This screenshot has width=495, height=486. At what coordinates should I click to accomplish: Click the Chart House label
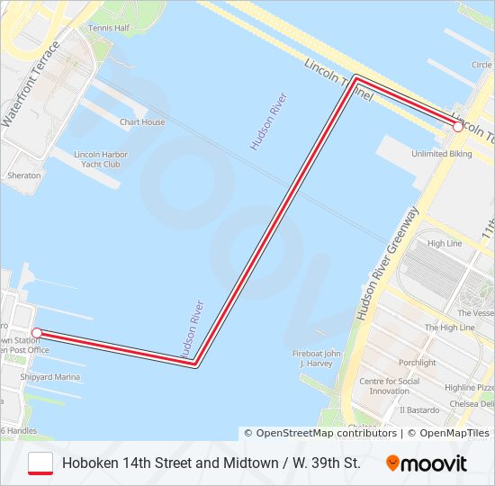142,122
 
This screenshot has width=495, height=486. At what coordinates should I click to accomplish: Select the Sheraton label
24,175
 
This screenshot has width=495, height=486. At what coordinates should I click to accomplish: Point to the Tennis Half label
109,28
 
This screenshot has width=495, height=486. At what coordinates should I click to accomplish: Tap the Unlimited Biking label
441,154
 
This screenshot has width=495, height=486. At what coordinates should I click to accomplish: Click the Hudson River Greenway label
387,263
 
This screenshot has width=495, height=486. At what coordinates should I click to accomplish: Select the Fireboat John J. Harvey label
317,358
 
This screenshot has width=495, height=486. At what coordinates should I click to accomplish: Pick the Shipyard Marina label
49,377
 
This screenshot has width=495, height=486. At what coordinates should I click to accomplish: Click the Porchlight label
417,363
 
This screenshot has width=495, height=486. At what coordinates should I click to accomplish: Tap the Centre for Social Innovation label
390,386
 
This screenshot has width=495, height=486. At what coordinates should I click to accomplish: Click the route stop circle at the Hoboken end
36,333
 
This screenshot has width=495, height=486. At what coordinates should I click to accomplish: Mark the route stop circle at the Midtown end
458,127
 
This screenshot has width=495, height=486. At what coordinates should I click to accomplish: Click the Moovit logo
427,463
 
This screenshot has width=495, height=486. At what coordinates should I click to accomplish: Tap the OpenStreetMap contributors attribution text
319,433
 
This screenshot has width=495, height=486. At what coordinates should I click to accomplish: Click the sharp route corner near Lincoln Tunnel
356,78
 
